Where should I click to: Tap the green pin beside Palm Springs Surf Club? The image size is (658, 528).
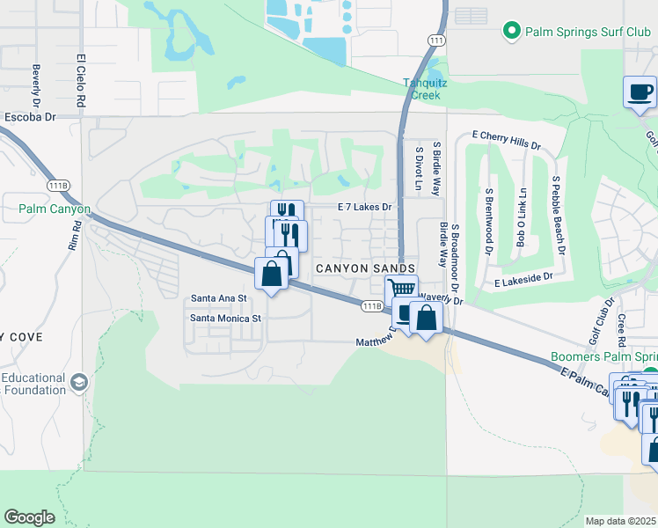point(511,32)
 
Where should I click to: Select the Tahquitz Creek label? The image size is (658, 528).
point(425,88)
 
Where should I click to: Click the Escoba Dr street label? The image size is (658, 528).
point(30,116)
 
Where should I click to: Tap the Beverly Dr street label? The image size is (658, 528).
point(37,84)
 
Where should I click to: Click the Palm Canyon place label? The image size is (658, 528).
point(55,209)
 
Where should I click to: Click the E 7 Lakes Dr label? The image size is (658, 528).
point(364,207)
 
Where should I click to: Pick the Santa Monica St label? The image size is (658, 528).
point(226,318)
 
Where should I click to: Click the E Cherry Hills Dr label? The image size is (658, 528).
point(506,140)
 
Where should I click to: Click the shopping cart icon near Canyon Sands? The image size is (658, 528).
point(401,289)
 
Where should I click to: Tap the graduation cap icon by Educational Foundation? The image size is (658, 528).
point(79,383)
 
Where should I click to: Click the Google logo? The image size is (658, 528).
point(29,517)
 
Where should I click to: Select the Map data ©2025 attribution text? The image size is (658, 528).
point(620,521)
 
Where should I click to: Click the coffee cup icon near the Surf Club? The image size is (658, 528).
point(640,91)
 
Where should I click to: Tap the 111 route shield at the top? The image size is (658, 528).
point(436,41)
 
